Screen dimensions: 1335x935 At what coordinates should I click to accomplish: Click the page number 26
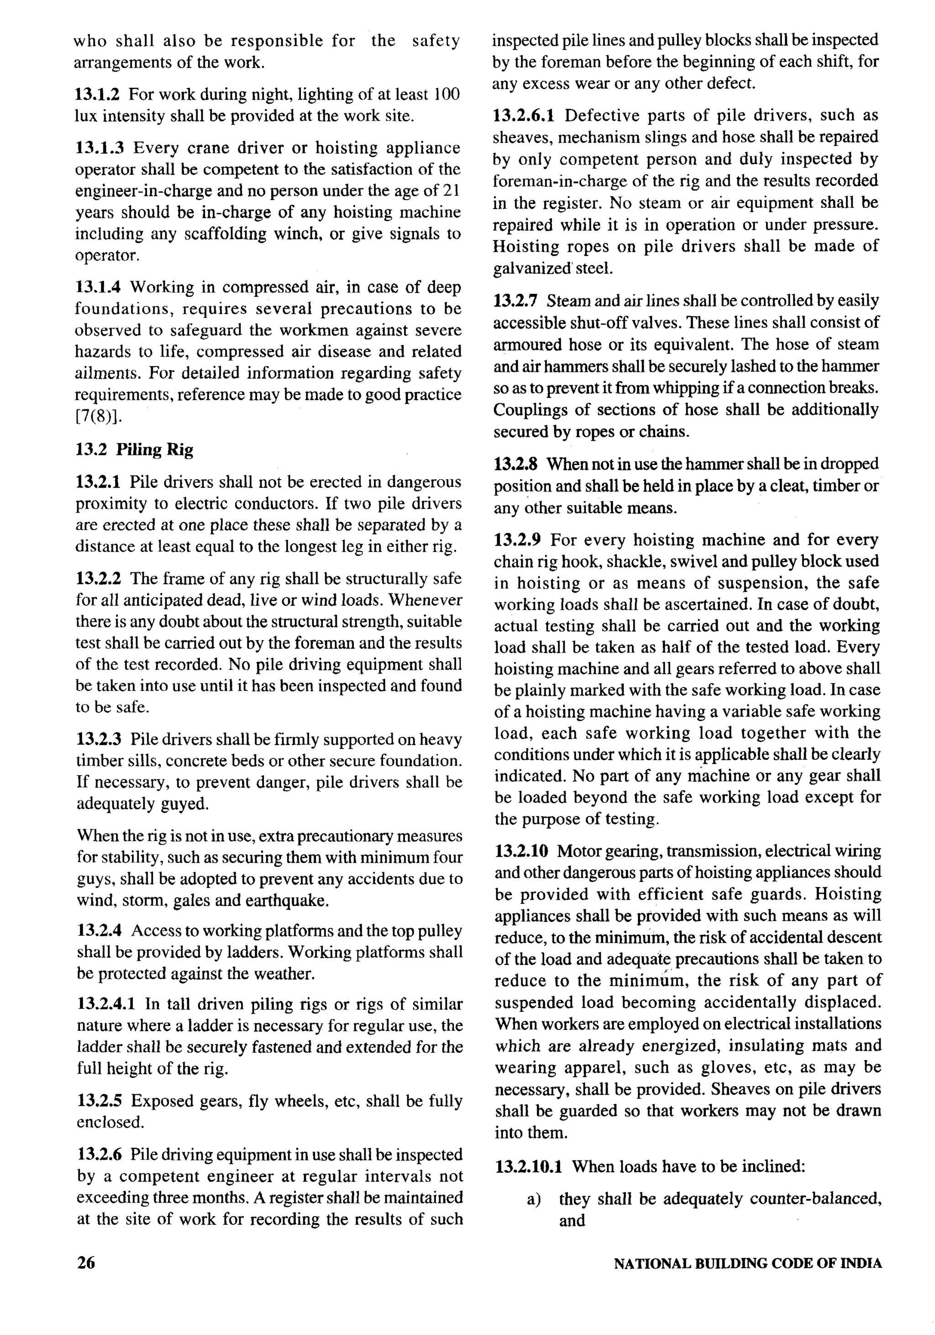click(85, 1263)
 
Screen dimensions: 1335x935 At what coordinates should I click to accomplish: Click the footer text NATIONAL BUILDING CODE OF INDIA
click(747, 1263)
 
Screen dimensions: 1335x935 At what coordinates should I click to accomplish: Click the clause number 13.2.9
click(517, 540)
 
